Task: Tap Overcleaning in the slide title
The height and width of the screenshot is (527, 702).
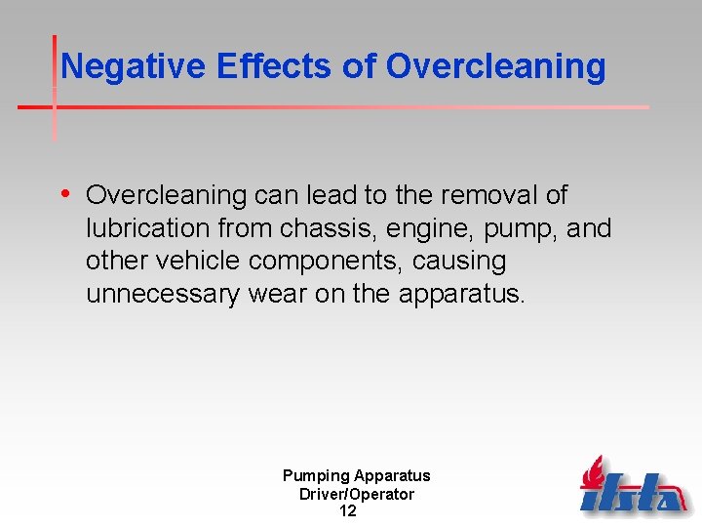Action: (x=495, y=66)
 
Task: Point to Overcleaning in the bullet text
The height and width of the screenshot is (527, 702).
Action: (x=167, y=196)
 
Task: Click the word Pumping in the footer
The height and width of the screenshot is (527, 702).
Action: (x=316, y=476)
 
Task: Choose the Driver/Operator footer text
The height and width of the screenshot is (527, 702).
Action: (x=356, y=494)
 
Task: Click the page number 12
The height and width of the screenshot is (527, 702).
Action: (x=348, y=511)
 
